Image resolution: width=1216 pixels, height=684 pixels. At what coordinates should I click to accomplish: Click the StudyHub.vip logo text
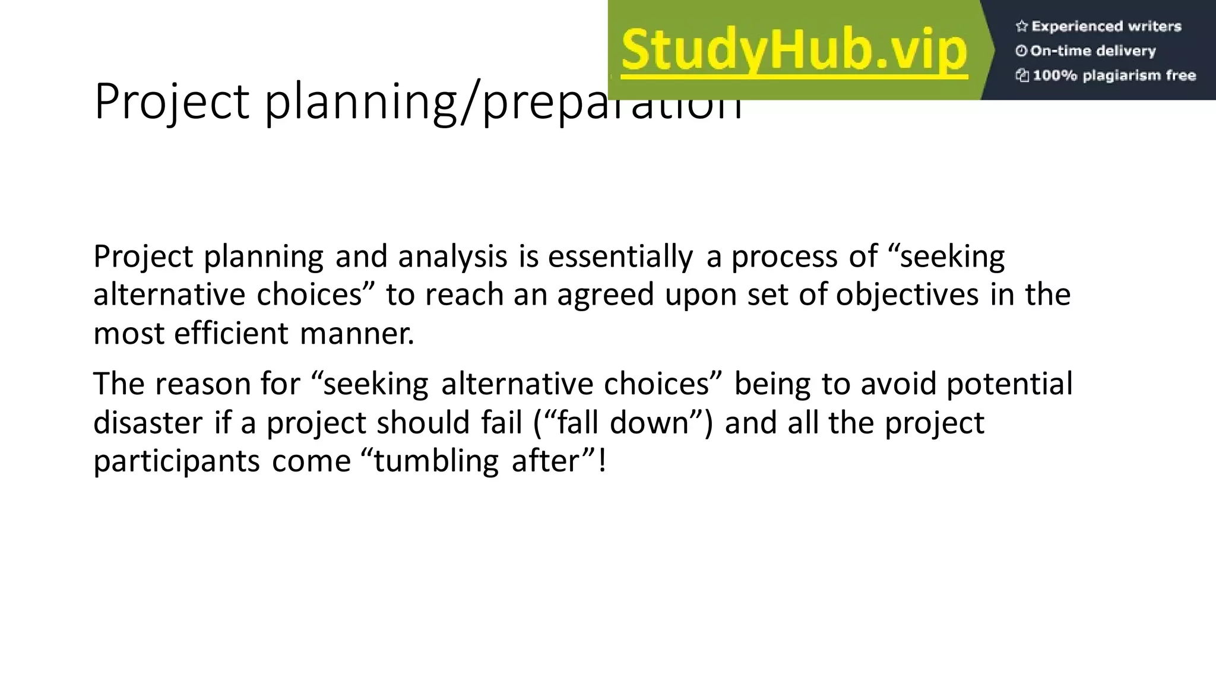(794, 51)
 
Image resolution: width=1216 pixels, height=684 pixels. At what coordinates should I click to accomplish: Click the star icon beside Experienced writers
(1021, 26)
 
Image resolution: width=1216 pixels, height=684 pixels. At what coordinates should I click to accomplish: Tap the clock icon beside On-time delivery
(1021, 51)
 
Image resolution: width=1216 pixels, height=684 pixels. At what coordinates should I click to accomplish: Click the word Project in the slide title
(171, 102)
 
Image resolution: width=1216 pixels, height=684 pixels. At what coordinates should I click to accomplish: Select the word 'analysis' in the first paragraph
(452, 257)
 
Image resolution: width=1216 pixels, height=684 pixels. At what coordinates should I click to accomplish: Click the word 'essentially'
(620, 257)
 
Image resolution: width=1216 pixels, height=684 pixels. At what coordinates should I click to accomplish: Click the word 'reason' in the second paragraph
(202, 384)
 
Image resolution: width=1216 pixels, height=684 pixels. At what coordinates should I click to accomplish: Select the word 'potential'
(1009, 384)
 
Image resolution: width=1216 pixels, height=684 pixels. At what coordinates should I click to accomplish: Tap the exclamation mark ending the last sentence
(603, 461)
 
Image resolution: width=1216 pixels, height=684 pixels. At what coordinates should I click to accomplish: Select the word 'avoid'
(898, 384)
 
